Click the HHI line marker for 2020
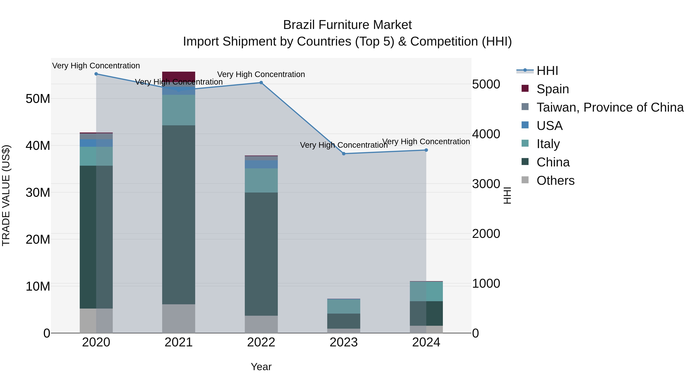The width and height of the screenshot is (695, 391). (x=96, y=74)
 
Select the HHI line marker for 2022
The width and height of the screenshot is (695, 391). (x=261, y=83)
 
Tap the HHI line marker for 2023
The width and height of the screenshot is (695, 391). (x=344, y=154)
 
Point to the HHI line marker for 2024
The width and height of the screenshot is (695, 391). (x=426, y=150)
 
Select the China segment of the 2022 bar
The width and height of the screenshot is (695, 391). (x=261, y=254)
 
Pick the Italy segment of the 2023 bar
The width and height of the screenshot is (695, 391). (x=344, y=306)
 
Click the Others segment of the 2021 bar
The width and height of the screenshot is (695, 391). (x=179, y=318)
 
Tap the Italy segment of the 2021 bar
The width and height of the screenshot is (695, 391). (x=179, y=110)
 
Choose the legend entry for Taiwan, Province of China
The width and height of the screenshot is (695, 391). (x=610, y=107)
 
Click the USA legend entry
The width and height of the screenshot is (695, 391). (x=549, y=126)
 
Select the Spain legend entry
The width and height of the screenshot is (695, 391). (x=553, y=89)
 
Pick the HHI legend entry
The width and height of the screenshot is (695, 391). (x=547, y=71)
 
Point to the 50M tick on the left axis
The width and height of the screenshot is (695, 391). (x=38, y=99)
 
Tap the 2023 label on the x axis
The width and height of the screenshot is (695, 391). (x=344, y=342)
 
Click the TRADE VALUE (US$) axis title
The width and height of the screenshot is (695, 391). (x=6, y=195)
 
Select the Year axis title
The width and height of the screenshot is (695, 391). (x=261, y=367)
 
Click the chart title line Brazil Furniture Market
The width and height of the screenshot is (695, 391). (x=347, y=25)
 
